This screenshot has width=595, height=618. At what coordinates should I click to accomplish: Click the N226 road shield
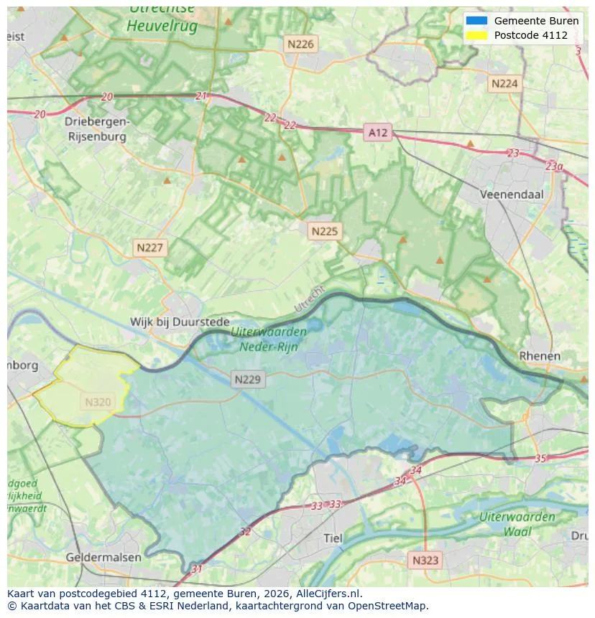pos(300,44)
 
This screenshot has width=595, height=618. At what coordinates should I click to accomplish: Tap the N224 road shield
pos(504,83)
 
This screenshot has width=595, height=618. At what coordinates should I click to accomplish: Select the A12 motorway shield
pos(377,132)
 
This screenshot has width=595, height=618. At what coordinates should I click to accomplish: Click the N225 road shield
pos(325,231)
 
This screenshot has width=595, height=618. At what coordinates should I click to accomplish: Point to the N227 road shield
pos(150,248)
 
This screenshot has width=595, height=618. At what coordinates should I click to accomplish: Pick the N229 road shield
pos(248,380)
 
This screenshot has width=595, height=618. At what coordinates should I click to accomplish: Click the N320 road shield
pos(98,402)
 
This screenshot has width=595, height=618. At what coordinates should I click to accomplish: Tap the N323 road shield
pos(425,560)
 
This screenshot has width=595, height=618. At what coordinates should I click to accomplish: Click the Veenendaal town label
pos(512,194)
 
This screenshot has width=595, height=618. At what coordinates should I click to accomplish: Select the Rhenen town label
pos(539,356)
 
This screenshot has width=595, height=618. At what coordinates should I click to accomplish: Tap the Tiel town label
pos(333,538)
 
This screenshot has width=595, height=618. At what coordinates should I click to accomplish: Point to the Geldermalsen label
pos(103,557)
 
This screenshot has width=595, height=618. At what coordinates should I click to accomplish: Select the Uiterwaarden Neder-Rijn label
pos(269,339)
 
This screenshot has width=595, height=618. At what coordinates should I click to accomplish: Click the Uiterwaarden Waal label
pos(517,524)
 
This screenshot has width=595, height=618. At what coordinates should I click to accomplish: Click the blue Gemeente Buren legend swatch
pos(476,21)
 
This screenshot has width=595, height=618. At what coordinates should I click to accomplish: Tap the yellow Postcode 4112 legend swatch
pos(476,35)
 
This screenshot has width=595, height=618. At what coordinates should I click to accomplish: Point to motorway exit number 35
pos(540,458)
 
